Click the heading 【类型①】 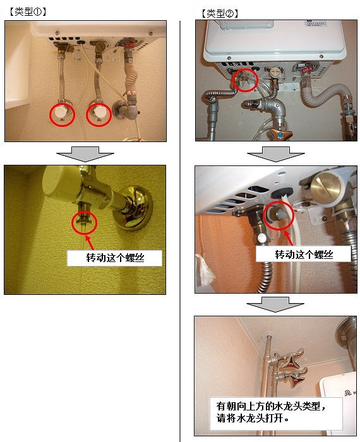(x=28, y=11)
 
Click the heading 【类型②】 (x=220, y=13)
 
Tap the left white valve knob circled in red (x=61, y=112)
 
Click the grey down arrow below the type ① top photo (x=85, y=154)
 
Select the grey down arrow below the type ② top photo (x=276, y=154)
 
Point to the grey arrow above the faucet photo (x=275, y=304)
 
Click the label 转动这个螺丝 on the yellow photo (x=115, y=258)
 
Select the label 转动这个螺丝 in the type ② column (x=304, y=254)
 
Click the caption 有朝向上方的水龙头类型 (x=268, y=406)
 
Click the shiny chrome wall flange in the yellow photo (x=133, y=208)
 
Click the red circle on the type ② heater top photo (x=245, y=80)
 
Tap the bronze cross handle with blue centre (x=280, y=134)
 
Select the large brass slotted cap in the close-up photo (x=326, y=188)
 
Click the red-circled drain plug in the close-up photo (x=278, y=215)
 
